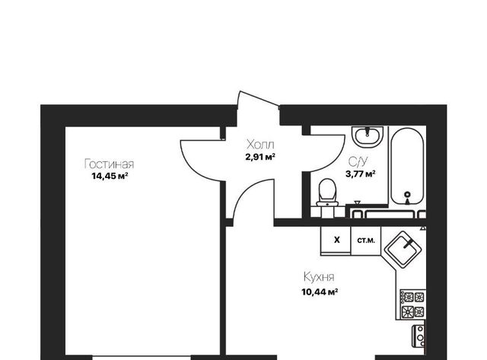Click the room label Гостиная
click(x=109, y=164)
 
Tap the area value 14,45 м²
click(x=110, y=177)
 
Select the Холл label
click(x=260, y=145)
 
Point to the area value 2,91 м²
click(x=260, y=157)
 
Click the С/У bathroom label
click(x=358, y=161)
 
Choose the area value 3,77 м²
click(x=361, y=174)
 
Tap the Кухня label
click(x=319, y=277)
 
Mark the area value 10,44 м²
click(x=320, y=292)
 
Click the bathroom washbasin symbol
click(x=368, y=136)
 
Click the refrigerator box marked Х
click(x=336, y=241)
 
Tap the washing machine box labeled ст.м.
click(x=366, y=241)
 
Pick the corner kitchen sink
click(x=403, y=250)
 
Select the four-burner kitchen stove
click(x=413, y=304)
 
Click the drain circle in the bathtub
click(x=408, y=195)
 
